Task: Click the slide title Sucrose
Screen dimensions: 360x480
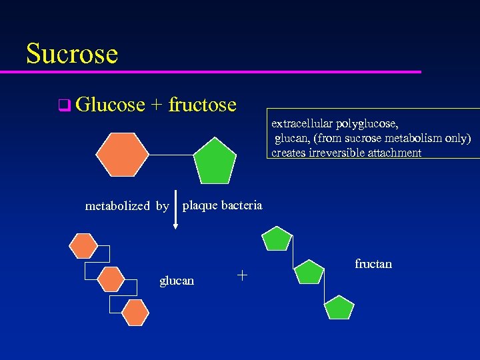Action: coord(72,53)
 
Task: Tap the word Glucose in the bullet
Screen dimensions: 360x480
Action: coord(110,105)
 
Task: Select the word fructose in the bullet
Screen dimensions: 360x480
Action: coord(203,105)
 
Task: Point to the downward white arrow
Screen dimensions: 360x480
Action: coord(175,209)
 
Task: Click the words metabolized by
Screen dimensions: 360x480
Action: coord(127,206)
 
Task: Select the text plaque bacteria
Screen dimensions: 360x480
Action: coord(223,205)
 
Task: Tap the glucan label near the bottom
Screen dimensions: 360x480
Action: coord(177,281)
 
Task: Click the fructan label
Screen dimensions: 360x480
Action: coord(373,264)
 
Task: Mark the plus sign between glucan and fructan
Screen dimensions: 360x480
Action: coord(242,274)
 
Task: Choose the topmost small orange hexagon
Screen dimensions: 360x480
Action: coord(85,245)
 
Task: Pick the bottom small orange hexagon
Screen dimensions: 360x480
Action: coord(135,311)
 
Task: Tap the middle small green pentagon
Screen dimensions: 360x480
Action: coord(309,272)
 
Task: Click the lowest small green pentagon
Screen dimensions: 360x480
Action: coord(339,307)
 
